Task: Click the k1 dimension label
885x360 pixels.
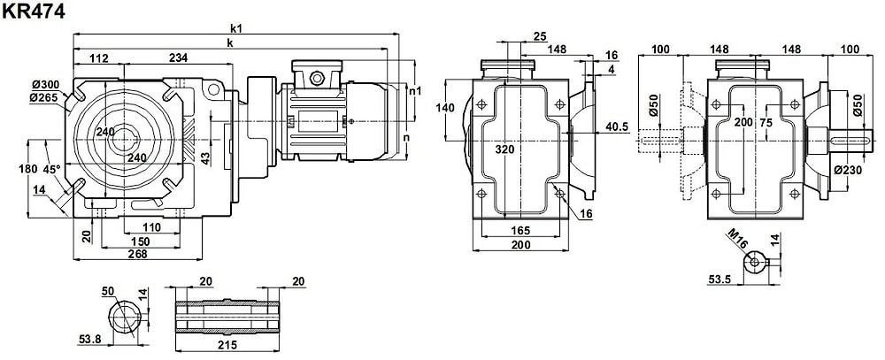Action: pyautogui.click(x=235, y=27)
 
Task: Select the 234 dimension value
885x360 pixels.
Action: pyautogui.click(x=178, y=58)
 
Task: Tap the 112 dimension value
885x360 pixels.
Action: pyautogui.click(x=98, y=58)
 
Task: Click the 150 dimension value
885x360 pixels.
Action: pyautogui.click(x=140, y=241)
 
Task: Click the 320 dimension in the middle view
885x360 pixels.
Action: pyautogui.click(x=504, y=150)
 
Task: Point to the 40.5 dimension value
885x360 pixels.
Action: pyautogui.click(x=617, y=127)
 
